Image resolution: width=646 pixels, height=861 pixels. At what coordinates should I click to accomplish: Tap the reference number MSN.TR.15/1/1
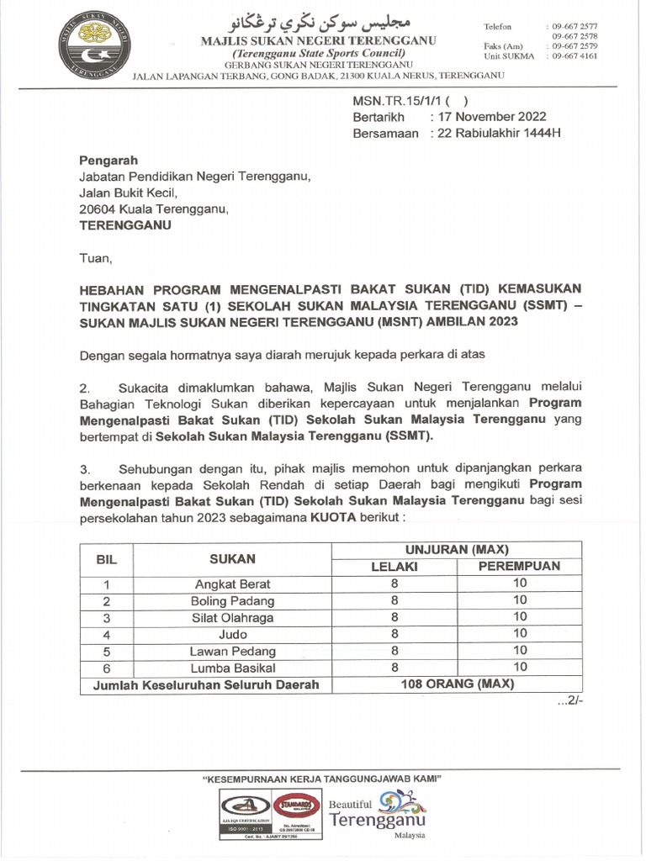tap(401, 100)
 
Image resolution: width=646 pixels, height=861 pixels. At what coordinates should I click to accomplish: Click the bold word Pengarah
tap(109, 161)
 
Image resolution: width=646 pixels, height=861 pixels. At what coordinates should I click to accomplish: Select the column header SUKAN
tap(232, 558)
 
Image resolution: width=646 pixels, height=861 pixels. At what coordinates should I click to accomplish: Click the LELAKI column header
tap(394, 567)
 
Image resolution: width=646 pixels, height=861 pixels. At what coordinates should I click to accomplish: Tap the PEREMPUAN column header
tap(519, 567)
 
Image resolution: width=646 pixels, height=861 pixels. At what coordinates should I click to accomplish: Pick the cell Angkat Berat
tap(232, 584)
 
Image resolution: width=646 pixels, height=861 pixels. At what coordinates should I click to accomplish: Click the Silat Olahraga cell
tap(232, 616)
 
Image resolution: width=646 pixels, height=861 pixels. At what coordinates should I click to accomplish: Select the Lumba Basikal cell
tap(232, 667)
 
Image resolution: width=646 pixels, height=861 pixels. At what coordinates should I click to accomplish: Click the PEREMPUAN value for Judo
tap(520, 633)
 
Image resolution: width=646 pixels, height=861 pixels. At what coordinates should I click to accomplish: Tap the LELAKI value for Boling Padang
tap(394, 600)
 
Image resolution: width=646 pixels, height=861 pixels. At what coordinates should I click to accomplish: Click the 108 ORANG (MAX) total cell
tap(458, 684)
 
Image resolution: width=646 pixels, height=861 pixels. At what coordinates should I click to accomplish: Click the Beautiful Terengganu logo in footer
tap(376, 813)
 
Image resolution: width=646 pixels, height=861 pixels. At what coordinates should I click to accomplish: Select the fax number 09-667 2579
tap(575, 47)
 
